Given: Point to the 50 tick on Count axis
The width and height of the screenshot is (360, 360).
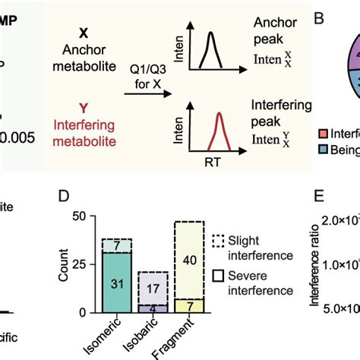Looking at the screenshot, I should click(81, 217).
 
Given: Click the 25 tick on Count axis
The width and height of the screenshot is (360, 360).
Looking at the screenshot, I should click(81, 265).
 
